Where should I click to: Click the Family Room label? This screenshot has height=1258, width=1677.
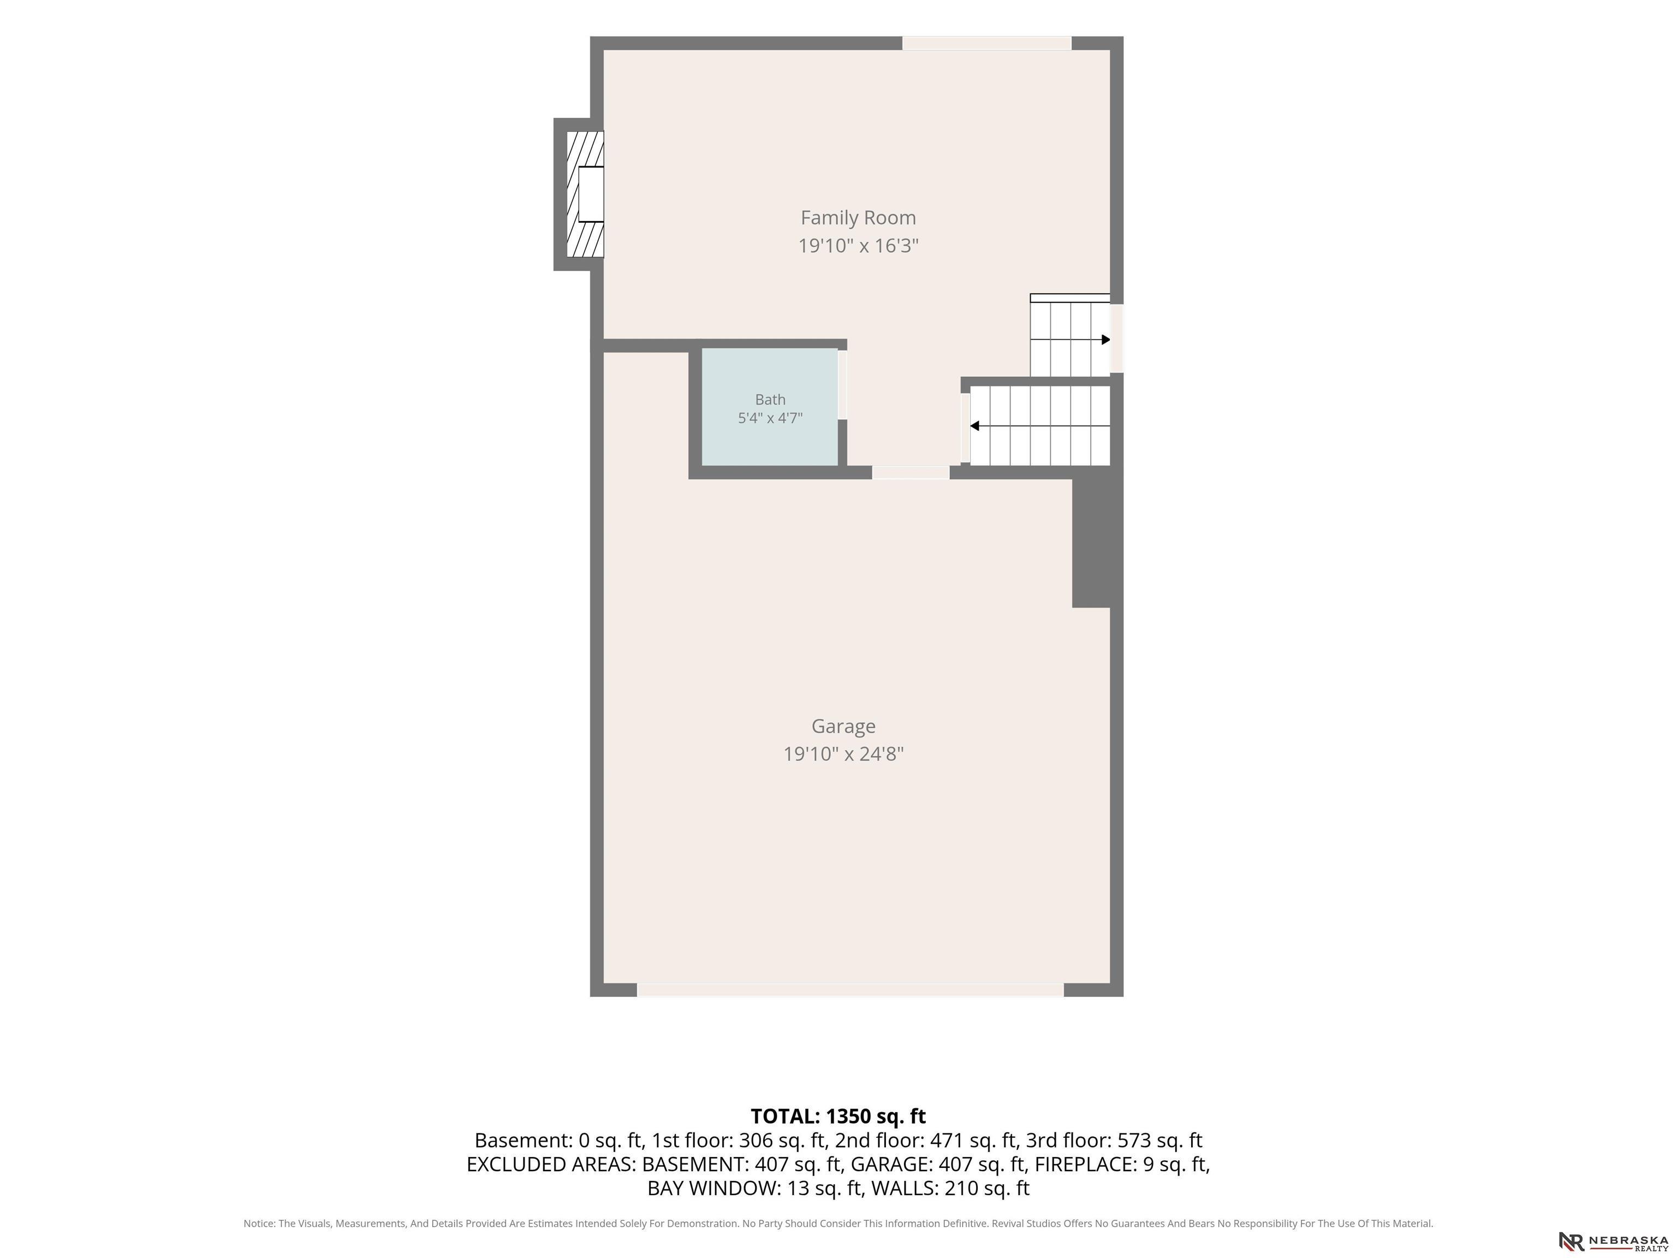(858, 218)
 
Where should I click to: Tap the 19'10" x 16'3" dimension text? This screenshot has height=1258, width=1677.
(858, 246)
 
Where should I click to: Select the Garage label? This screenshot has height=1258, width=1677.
(843, 726)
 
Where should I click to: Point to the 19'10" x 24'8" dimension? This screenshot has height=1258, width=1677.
(843, 753)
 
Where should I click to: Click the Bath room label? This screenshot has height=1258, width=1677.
(770, 400)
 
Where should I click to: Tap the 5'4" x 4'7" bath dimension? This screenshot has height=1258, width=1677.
(770, 418)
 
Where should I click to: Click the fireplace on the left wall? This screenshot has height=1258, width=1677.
(585, 194)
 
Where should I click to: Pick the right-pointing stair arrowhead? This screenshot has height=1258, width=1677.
(1105, 340)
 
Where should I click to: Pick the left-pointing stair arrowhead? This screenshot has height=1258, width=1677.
(975, 426)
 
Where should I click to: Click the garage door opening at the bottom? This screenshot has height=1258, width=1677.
(850, 990)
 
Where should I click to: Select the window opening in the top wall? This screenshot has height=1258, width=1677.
(986, 43)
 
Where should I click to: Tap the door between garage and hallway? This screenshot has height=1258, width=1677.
(911, 472)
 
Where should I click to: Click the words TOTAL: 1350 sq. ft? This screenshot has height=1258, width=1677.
(838, 1116)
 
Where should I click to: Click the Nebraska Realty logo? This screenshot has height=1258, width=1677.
(1613, 1241)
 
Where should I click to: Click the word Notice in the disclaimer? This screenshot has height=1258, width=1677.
(259, 1223)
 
